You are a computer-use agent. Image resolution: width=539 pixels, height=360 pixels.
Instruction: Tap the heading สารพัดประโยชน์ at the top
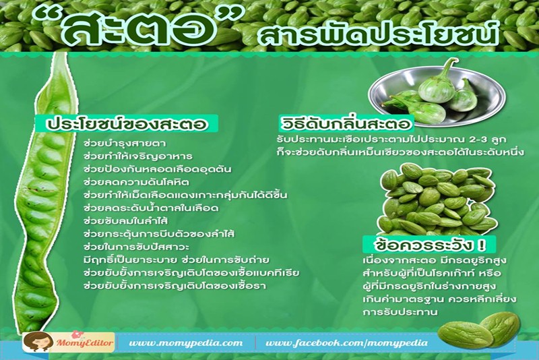click(x=379, y=34)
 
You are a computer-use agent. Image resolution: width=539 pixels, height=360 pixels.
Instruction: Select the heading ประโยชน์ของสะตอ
click(x=127, y=124)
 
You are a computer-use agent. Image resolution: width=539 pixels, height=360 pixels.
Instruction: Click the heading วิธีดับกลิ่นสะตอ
click(x=346, y=123)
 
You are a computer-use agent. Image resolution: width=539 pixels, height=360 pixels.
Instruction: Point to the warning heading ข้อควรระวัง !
click(x=430, y=245)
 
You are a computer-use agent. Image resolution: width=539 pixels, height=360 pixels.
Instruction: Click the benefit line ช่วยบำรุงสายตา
click(x=125, y=144)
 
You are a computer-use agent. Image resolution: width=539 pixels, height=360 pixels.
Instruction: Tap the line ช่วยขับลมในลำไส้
click(x=125, y=221)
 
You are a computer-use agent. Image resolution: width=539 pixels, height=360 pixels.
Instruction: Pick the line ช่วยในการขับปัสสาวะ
click(x=136, y=247)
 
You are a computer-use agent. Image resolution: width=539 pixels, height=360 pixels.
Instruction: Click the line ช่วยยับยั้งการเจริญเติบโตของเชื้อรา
click(x=175, y=286)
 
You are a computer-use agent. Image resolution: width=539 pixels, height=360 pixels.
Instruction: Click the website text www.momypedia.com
click(x=186, y=342)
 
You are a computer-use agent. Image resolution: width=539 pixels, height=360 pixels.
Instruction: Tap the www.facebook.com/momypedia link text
click(x=347, y=342)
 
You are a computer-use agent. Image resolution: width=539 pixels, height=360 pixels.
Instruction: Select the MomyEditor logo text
click(x=85, y=342)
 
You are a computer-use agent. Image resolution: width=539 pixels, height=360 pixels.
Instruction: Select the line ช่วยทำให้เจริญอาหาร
click(x=138, y=156)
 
